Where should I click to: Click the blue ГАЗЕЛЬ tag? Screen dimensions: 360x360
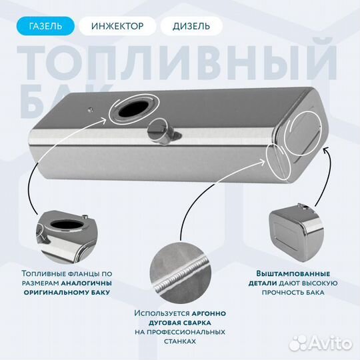point(46,26)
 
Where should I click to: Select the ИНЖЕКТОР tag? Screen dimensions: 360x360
point(117,26)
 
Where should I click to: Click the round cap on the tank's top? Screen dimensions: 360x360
point(161,129)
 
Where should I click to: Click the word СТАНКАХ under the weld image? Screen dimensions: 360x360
point(180,341)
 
